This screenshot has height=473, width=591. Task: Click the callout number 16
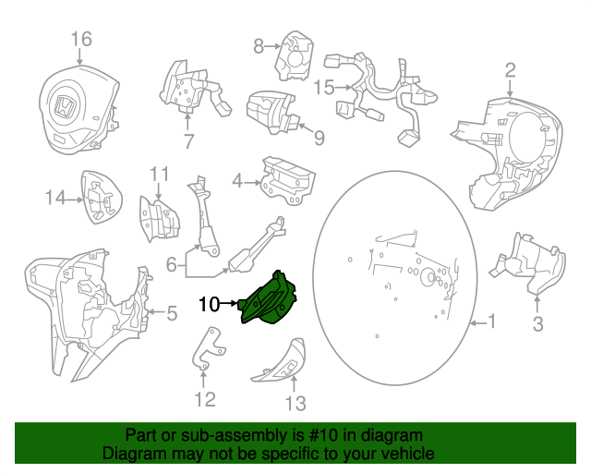click(81, 39)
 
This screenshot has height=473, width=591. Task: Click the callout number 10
click(207, 303)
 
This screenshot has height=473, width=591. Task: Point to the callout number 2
click(509, 70)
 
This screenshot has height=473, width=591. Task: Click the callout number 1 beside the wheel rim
click(491, 322)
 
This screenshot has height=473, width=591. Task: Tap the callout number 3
click(538, 323)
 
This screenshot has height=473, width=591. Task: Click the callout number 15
click(323, 89)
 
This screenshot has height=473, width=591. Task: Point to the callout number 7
click(188, 141)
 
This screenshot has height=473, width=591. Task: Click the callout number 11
click(160, 174)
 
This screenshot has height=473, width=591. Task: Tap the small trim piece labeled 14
click(101, 197)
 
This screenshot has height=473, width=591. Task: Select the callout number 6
click(171, 265)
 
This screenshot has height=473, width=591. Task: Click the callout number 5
click(171, 314)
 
